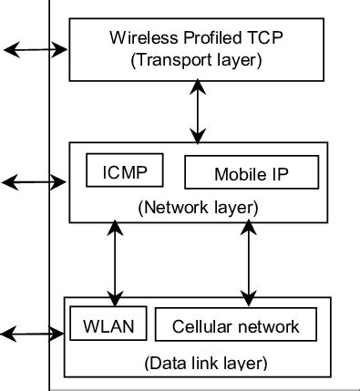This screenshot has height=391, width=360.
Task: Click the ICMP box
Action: point(124,170)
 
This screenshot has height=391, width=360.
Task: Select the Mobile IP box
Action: point(252,172)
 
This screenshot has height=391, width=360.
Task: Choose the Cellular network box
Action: point(235,324)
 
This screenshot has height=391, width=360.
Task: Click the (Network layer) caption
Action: point(199,208)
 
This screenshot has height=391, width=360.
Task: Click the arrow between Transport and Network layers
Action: point(197,110)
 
